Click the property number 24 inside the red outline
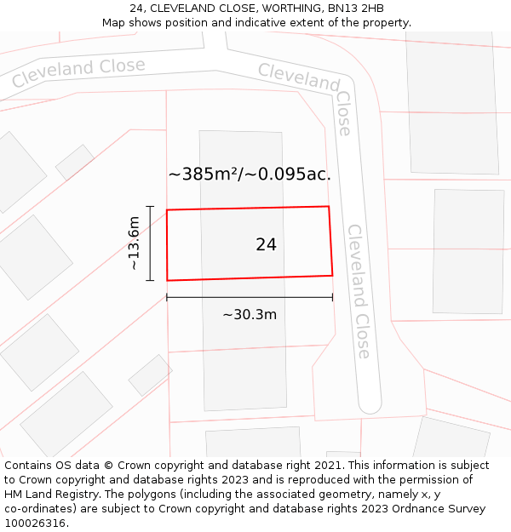pos(266,244)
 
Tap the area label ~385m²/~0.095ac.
pos(250,174)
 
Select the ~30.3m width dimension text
pos(250,314)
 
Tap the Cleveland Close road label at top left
pos(78,72)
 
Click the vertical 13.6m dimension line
pos(150,243)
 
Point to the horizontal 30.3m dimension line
pos(250,297)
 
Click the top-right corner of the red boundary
pos(329,206)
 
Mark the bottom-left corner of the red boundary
pos(167,280)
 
